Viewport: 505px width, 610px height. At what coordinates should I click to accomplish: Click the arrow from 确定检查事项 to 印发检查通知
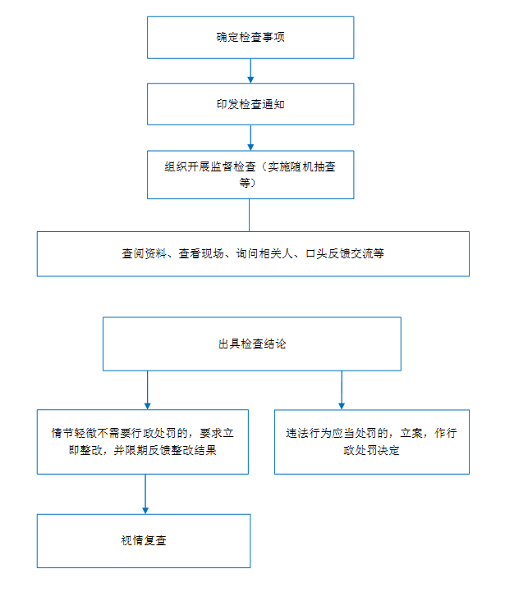[250, 71]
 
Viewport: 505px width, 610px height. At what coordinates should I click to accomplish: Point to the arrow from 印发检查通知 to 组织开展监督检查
[250, 138]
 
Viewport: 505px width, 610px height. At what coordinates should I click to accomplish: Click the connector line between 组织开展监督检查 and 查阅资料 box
[250, 215]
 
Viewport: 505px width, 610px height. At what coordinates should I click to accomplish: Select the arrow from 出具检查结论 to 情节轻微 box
[147, 389]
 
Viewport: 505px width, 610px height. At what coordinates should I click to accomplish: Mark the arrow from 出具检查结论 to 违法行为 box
[342, 389]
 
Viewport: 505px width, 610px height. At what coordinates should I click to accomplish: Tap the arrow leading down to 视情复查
[145, 494]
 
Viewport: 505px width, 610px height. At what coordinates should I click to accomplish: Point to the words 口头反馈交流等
[345, 253]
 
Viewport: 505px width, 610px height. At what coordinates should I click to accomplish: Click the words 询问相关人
[264, 253]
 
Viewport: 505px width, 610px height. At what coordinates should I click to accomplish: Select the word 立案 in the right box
[411, 433]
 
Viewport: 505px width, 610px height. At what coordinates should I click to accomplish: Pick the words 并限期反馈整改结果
[165, 450]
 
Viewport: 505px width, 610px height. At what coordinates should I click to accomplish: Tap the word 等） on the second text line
[248, 183]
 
